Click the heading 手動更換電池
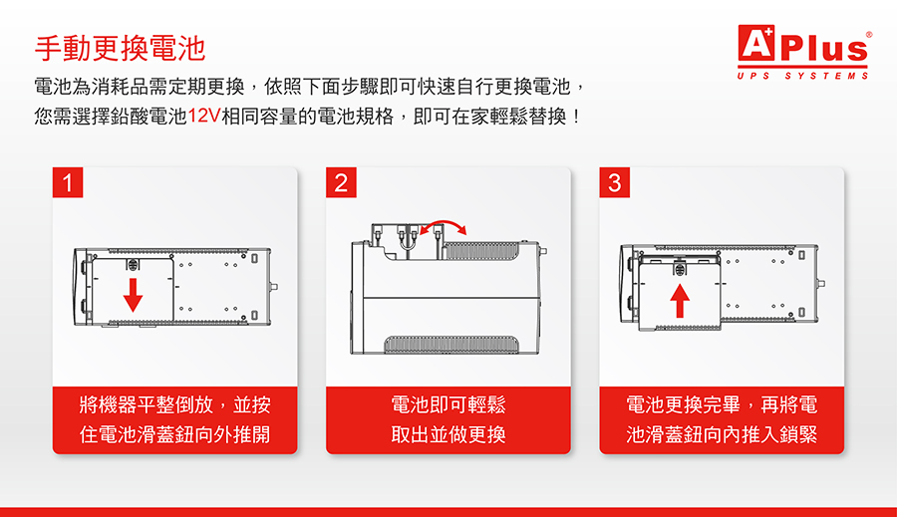[x=120, y=48]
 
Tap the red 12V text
[x=204, y=117]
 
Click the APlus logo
[x=802, y=44]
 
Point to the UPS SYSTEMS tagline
[x=803, y=76]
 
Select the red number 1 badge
[x=68, y=182]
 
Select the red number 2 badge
[x=341, y=182]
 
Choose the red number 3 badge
[x=614, y=182]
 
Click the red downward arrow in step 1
[x=133, y=295]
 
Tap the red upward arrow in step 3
[x=680, y=300]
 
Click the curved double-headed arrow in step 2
[x=444, y=222]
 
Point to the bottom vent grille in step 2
[x=451, y=345]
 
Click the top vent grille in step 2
[x=482, y=250]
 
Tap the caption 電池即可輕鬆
[x=448, y=404]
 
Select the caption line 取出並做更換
[x=448, y=434]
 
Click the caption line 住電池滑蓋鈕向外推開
[x=174, y=434]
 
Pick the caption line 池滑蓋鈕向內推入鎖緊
[x=722, y=434]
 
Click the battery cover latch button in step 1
[x=133, y=265]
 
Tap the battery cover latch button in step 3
[x=680, y=268]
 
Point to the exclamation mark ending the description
[x=576, y=117]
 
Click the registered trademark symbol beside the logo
[x=869, y=35]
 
